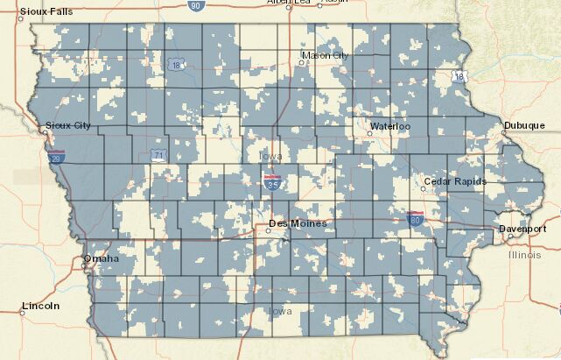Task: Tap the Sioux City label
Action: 67,126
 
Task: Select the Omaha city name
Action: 101,259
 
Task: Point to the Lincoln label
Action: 41,306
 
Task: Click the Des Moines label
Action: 297,223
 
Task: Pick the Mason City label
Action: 325,55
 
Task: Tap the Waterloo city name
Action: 389,126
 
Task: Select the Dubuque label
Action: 523,126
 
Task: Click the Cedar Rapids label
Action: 454,181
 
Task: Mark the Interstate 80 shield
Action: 416,216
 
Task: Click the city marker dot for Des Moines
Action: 269,231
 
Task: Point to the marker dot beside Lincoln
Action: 23,313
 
